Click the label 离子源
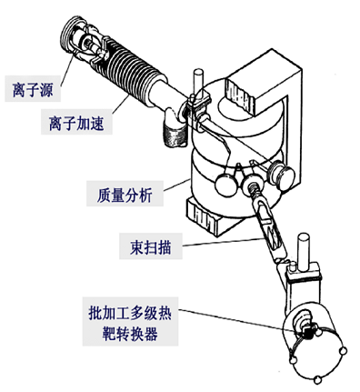click(x=33, y=88)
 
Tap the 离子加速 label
click(x=76, y=122)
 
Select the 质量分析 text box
click(x=125, y=194)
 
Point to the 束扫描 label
click(x=151, y=246)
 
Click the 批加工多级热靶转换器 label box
click(x=131, y=321)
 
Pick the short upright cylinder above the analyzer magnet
click(x=198, y=81)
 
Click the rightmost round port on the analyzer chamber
click(x=282, y=175)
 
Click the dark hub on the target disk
click(x=306, y=333)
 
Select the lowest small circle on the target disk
click(x=318, y=379)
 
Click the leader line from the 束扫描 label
click(x=224, y=242)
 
